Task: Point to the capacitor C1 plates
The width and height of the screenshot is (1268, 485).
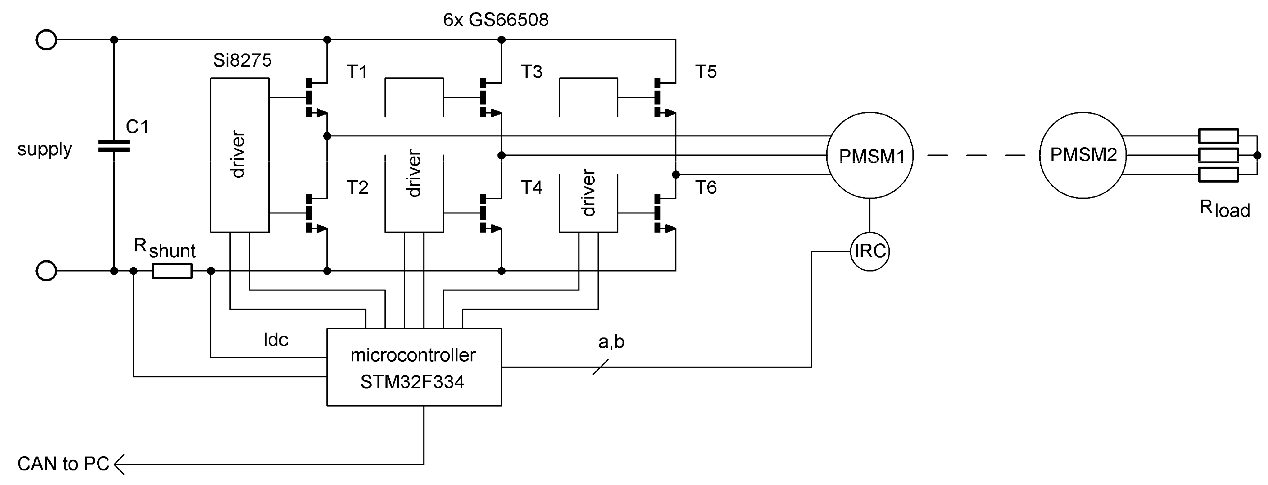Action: (x=114, y=145)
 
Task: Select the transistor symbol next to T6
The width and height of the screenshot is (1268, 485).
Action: (x=665, y=213)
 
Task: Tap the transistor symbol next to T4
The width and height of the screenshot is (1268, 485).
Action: (x=490, y=213)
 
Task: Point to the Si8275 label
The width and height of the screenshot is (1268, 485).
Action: (x=242, y=60)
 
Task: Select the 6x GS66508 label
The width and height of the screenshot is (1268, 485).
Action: (x=496, y=20)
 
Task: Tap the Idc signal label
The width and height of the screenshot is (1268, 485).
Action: (x=276, y=340)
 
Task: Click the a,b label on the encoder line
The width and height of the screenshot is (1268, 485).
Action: (x=611, y=342)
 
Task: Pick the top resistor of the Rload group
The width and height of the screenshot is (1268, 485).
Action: (x=1218, y=136)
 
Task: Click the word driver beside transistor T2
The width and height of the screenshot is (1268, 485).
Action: (x=238, y=154)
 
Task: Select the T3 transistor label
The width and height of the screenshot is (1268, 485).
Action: (x=531, y=72)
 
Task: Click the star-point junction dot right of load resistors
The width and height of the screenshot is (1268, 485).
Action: (x=1257, y=156)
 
